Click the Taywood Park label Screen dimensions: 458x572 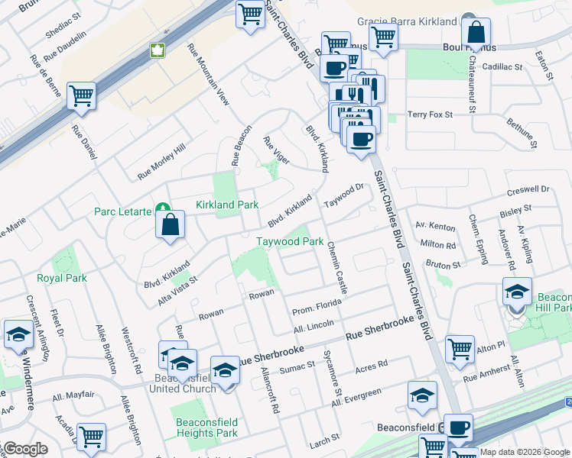pyautogui.click(x=290, y=241)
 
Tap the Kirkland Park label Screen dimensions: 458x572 pyautogui.click(x=227, y=205)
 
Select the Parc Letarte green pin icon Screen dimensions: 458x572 pyautogui.click(x=162, y=208)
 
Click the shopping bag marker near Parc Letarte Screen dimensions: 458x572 pyautogui.click(x=170, y=224)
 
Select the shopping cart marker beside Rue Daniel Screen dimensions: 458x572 pyautogui.click(x=81, y=96)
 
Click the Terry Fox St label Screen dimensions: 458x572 pyautogui.click(x=431, y=114)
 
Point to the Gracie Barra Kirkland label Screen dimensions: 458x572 pyautogui.click(x=409, y=22)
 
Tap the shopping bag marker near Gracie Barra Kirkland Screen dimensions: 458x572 pyautogui.click(x=476, y=33)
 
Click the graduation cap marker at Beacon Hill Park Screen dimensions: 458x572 pyautogui.click(x=517, y=292)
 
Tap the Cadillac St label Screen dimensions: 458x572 pyautogui.click(x=502, y=67)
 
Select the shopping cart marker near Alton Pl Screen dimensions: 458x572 pyautogui.click(x=460, y=349)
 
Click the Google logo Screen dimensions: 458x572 pyautogui.click(x=24, y=449)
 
